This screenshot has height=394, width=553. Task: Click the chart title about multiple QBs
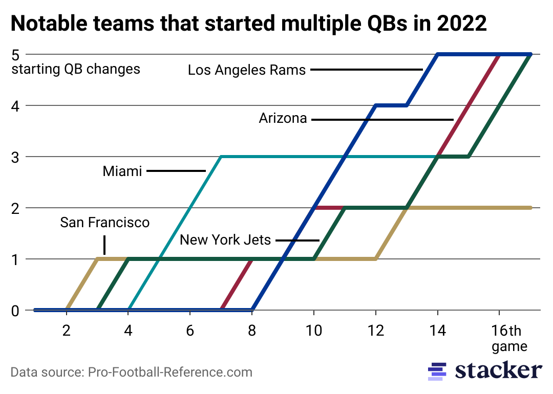point(248,24)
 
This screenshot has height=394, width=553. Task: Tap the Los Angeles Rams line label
point(246,70)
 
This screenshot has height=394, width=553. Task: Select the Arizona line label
point(283,119)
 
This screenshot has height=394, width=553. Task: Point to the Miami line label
point(122,171)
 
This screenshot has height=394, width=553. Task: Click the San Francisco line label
point(104,222)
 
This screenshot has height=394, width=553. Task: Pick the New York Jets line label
point(225,239)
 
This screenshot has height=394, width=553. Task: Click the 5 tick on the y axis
point(15,54)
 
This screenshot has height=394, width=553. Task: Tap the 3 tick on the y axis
point(15,157)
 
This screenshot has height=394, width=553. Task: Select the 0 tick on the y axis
point(15,310)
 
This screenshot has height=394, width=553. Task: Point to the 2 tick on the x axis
point(67,330)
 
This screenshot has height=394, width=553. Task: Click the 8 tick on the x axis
point(252,330)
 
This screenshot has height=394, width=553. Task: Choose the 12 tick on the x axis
point(376,330)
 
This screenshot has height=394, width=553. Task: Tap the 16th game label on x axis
point(509,338)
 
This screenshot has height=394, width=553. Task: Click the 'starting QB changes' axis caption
point(76,69)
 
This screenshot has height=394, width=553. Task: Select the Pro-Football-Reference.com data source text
point(131,372)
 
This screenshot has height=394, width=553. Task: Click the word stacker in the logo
point(498,370)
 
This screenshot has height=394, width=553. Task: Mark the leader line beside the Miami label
point(176,171)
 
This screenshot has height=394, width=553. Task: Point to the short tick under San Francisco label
point(104,245)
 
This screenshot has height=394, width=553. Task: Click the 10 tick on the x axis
point(313,330)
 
